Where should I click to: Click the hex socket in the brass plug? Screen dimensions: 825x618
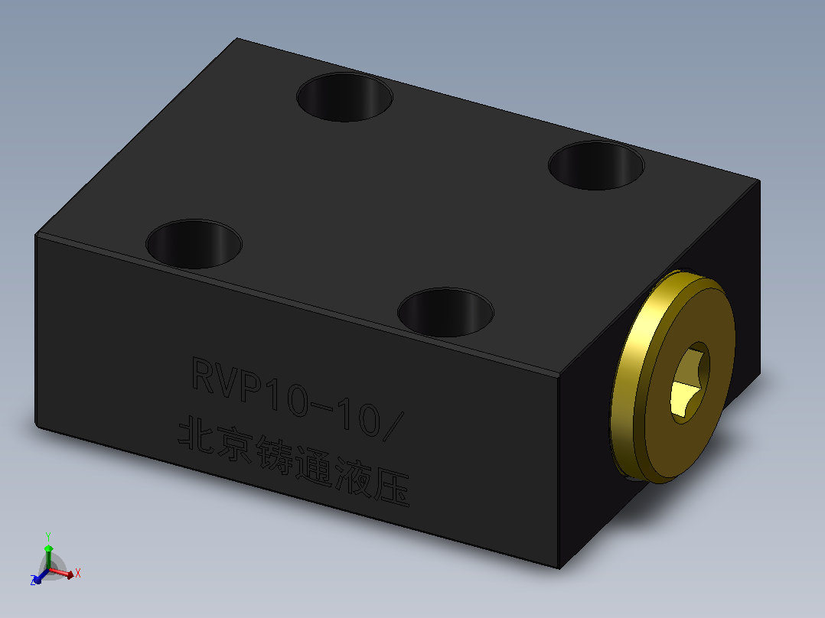690,382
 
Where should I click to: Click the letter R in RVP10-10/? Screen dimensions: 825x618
204,375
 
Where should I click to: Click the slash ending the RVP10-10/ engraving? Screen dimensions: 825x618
392,426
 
